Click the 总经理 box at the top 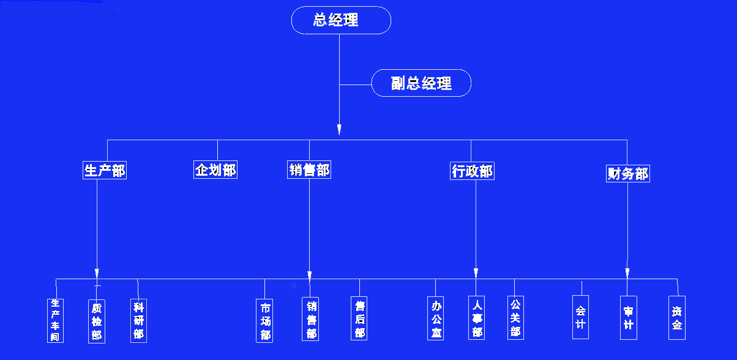(x=341, y=20)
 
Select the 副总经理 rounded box (x=421, y=83)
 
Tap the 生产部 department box (x=105, y=170)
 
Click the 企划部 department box (x=215, y=170)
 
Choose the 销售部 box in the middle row (x=309, y=170)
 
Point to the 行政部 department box (x=471, y=171)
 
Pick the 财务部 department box (x=627, y=173)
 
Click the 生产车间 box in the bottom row (x=56, y=320)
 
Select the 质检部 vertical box (x=97, y=321)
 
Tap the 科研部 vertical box (x=138, y=320)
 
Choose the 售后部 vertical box (x=359, y=318)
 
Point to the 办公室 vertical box (x=436, y=318)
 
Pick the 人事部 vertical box (x=477, y=318)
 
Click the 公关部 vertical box (x=515, y=318)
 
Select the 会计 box (x=580, y=317)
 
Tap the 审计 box (x=628, y=317)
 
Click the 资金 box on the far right (x=676, y=318)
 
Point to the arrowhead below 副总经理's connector (x=339, y=129)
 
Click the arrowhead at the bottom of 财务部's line (x=627, y=271)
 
